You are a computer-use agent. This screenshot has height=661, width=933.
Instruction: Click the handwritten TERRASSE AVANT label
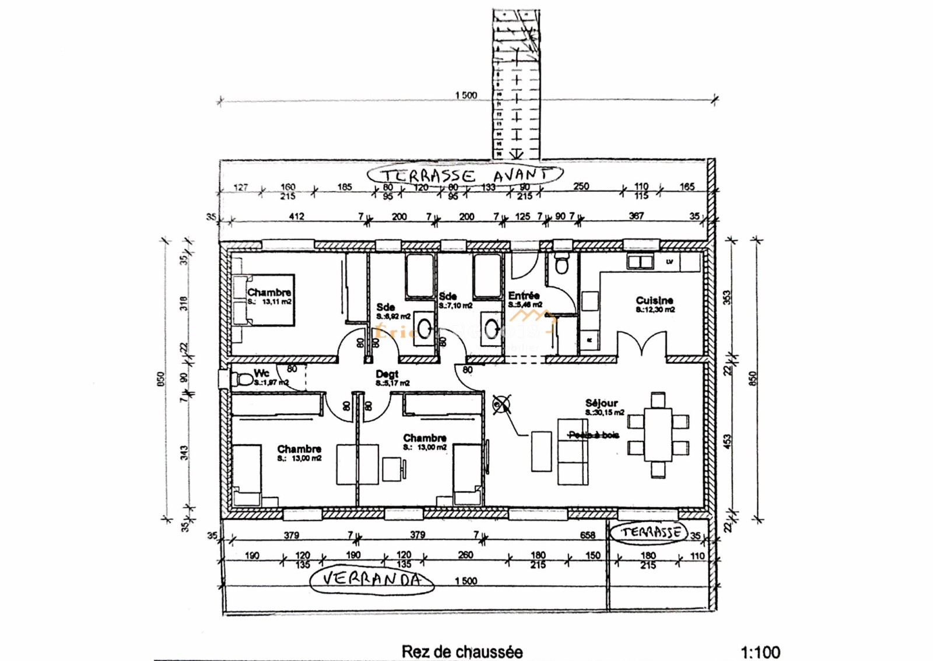point(465,175)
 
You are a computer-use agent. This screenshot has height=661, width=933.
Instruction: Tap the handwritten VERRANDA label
point(371,579)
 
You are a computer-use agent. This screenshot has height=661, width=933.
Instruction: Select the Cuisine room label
point(654,300)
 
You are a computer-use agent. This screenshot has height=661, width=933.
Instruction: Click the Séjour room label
point(601,403)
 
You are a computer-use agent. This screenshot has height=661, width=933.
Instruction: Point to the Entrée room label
point(523,296)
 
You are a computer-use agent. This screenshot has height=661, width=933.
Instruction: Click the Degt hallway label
point(387,374)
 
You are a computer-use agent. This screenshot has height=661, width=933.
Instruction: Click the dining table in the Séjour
point(658,435)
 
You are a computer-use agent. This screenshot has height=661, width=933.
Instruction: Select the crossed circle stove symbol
point(501,404)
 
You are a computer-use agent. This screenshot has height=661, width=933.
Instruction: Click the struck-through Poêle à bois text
point(594,435)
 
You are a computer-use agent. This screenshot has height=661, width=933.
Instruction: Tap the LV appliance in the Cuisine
point(669,262)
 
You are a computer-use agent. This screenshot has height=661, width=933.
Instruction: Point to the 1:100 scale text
point(760,652)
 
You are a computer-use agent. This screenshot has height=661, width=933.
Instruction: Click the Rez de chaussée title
point(462,651)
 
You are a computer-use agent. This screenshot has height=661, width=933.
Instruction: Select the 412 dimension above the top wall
point(296,216)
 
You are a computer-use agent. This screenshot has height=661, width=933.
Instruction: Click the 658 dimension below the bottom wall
point(587,535)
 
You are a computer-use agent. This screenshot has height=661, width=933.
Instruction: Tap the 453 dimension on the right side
point(727,441)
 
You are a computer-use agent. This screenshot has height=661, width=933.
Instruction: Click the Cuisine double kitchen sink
point(640,262)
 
